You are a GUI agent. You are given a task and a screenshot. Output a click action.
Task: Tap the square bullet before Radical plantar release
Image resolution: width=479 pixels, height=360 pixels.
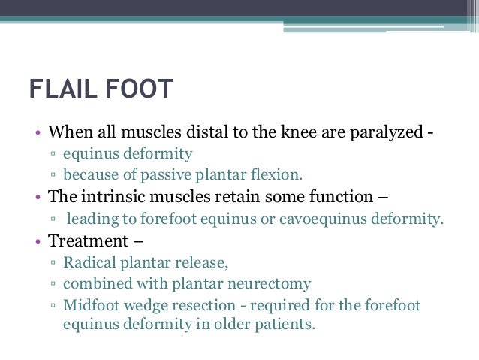coord(54,264)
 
